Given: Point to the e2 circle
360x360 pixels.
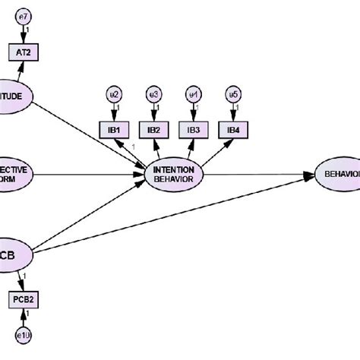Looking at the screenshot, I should pyautogui.click(x=115, y=94).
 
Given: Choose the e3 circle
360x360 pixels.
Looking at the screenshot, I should pyautogui.click(x=154, y=94).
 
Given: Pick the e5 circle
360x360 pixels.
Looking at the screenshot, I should pyautogui.click(x=232, y=94).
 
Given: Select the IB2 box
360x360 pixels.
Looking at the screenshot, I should pyautogui.click(x=154, y=130).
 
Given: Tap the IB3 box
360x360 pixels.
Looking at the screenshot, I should pyautogui.click(x=194, y=130).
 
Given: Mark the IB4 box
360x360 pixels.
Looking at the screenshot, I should pyautogui.click(x=232, y=130).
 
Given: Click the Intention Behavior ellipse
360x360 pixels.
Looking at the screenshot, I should pyautogui.click(x=175, y=174).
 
